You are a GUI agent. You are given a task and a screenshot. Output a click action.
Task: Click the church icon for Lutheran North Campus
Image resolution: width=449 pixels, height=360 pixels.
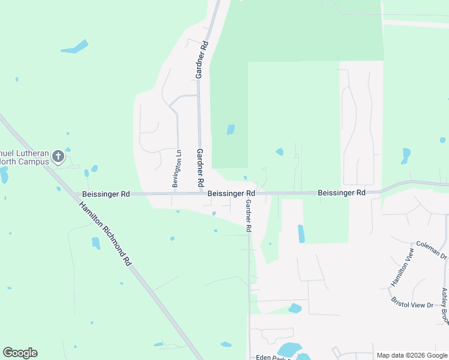(58, 157)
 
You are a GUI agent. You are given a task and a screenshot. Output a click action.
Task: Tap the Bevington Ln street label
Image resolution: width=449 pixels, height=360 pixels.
(176, 169)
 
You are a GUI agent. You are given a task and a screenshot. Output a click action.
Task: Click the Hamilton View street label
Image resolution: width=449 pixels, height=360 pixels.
(402, 267)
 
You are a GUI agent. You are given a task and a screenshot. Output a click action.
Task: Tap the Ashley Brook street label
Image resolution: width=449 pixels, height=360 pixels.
(445, 306)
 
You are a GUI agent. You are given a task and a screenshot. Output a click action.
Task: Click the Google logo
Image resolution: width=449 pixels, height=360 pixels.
(20, 352)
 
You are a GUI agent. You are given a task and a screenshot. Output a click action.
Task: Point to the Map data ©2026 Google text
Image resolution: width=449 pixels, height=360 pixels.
(411, 355)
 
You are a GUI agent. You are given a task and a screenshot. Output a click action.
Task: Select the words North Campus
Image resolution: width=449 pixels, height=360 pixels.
(24, 161)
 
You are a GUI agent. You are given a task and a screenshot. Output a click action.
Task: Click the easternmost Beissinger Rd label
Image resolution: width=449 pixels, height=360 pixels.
(342, 193)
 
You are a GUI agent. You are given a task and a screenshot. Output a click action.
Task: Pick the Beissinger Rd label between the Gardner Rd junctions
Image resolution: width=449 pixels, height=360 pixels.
(231, 194)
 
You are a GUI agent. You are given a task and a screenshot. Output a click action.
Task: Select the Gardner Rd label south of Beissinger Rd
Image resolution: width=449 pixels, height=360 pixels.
(247, 216)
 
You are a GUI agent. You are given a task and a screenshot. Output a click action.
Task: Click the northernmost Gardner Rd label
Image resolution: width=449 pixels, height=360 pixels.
(202, 60)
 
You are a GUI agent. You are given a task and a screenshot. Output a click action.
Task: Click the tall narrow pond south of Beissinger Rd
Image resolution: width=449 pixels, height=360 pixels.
(301, 233)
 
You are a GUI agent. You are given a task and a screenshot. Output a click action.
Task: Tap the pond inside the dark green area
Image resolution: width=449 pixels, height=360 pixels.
(231, 130)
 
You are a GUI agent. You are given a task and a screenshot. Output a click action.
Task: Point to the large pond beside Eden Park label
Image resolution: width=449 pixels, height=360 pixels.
(291, 350)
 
